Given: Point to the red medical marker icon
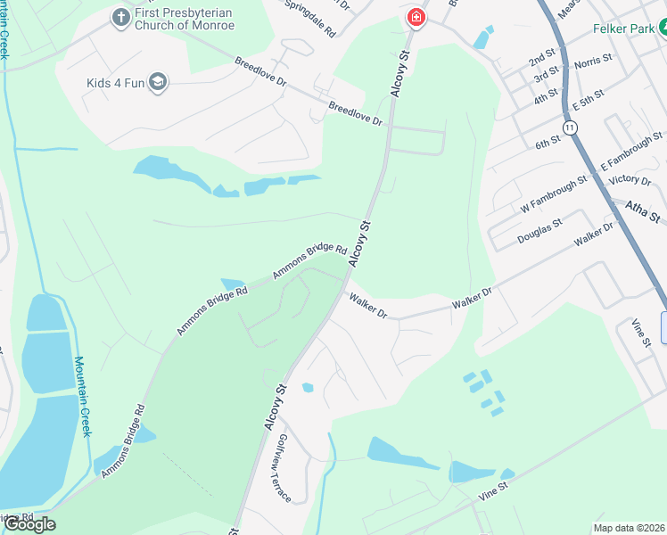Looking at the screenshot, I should [416, 17].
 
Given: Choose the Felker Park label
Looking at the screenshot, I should [624, 29].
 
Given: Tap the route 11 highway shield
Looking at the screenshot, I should [571, 128].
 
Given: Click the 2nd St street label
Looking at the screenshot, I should [541, 61].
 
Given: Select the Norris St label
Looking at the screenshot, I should [593, 62].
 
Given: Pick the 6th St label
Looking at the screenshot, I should [548, 141].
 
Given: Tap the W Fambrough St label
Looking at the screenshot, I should [554, 193].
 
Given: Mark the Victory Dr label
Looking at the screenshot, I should [629, 180].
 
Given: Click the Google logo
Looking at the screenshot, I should [29, 524].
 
